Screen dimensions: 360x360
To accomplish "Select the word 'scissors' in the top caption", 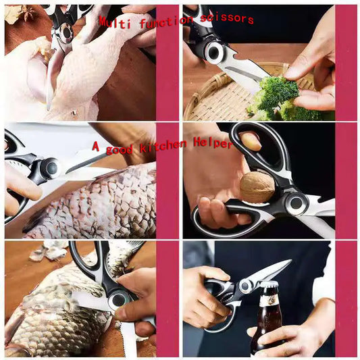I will pos(226,18).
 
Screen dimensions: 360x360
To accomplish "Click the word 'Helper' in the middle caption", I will pos(212,143).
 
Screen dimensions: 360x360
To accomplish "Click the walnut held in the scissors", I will pos(257,186).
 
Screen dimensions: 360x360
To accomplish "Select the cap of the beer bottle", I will pos(268,291).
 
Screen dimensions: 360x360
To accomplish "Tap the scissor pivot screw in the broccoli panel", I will pos(216,52).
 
